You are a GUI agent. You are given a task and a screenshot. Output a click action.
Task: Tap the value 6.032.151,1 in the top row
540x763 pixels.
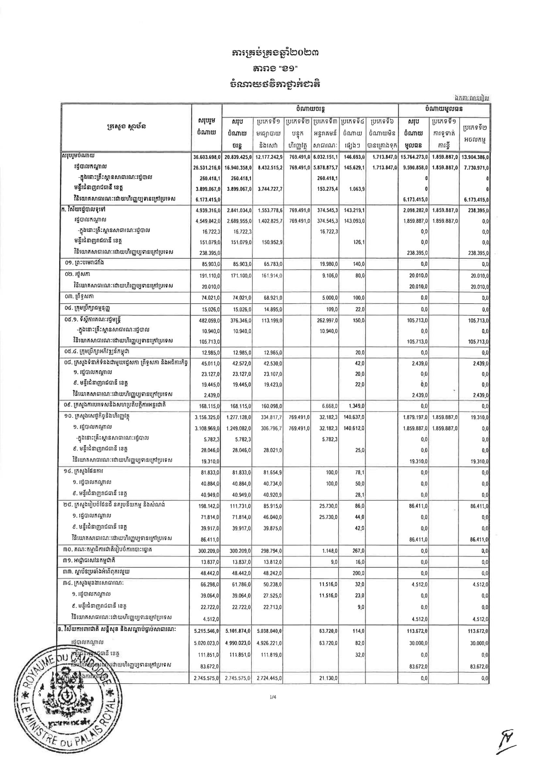click(325, 157)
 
